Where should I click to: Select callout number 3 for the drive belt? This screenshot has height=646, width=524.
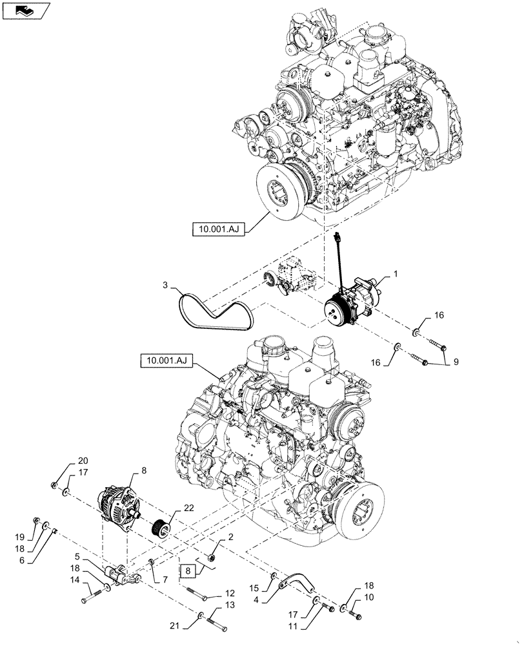(x=165, y=285)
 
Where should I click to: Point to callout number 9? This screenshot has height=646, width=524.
(x=456, y=362)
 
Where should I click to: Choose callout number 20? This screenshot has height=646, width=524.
(x=82, y=461)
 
